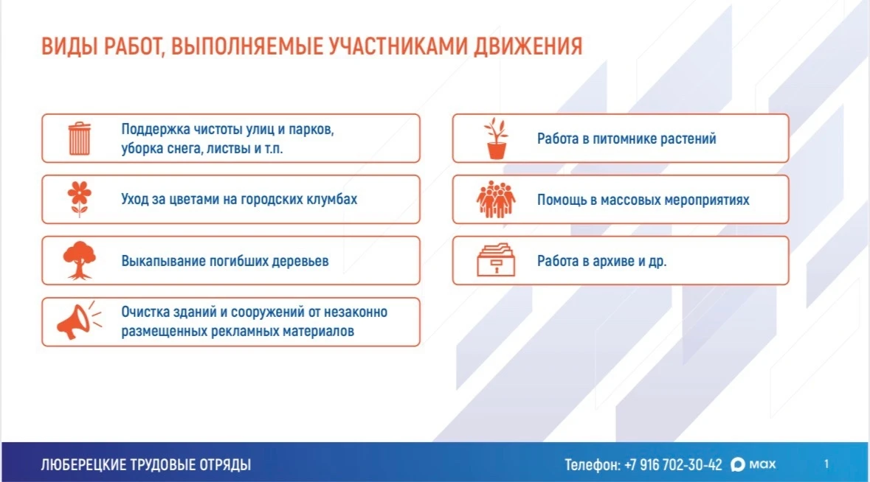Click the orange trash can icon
[80, 139]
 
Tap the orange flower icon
[80, 199]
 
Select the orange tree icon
[80, 260]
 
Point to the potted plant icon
[496, 139]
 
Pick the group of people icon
[496, 200]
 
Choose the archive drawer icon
[496, 259]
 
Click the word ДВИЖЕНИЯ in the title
[528, 46]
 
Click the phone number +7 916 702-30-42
[674, 464]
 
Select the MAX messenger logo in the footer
[753, 464]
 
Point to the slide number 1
[826, 464]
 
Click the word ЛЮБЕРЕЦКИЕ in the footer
[82, 464]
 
